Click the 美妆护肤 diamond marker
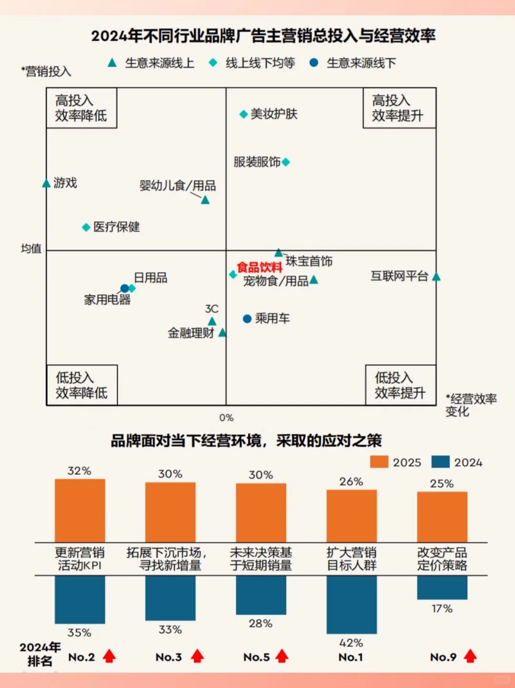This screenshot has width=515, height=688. [x=243, y=114]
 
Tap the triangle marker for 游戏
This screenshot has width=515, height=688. [x=46, y=184]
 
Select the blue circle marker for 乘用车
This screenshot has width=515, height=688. [x=247, y=319]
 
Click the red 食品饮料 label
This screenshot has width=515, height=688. [x=260, y=267]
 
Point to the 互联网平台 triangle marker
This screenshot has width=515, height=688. [x=436, y=277]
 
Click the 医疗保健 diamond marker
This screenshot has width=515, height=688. [x=86, y=227]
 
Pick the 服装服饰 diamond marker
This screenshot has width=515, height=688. [x=286, y=163]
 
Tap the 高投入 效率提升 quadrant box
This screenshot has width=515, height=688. [x=399, y=108]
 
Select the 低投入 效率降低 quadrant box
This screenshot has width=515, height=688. [x=82, y=385]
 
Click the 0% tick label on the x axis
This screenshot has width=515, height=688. [x=227, y=418]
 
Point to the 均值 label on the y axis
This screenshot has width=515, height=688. [x=31, y=248]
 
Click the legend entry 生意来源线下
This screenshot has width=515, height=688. [x=353, y=63]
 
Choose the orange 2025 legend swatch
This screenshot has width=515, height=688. [x=379, y=462]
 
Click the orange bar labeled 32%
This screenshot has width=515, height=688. [x=80, y=510]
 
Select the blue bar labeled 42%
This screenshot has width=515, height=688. [x=351, y=604]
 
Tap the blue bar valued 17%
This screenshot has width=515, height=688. [x=442, y=587]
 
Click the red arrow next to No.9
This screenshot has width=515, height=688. [x=471, y=656]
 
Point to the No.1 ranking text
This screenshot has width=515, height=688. [x=350, y=657]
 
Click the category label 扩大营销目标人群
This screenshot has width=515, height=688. [x=351, y=559]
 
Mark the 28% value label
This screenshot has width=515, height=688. [x=261, y=624]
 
